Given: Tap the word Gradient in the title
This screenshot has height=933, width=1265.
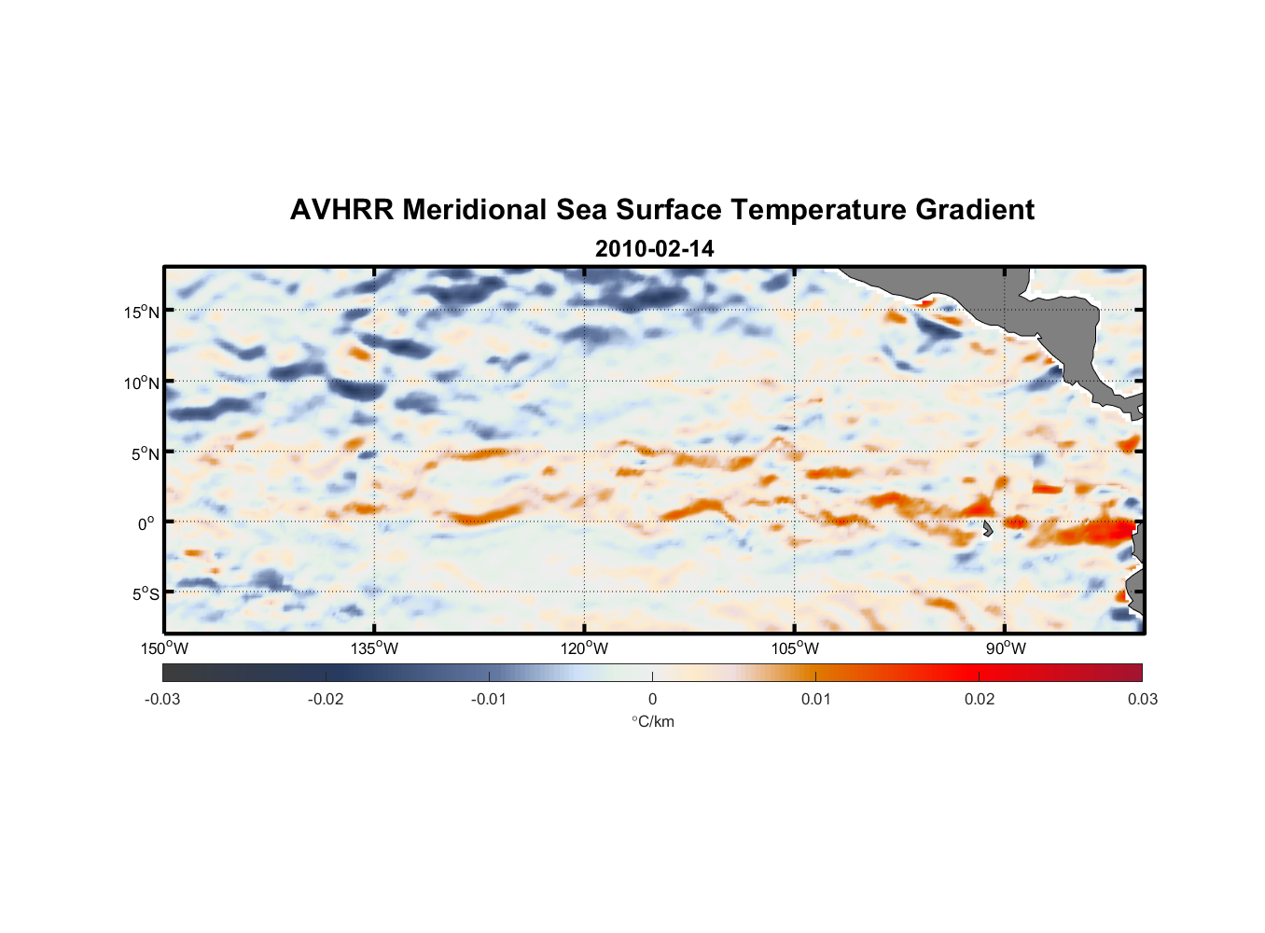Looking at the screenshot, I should (x=975, y=210).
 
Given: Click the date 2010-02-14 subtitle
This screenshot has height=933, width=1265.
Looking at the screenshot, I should (x=654, y=249).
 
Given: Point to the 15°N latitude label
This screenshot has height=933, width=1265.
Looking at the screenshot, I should (x=141, y=312).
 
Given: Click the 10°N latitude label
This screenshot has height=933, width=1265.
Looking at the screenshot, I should (x=141, y=383).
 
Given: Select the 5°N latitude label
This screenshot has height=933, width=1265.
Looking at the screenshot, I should (x=144, y=453).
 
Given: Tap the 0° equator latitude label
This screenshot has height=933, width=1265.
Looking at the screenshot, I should (x=146, y=523).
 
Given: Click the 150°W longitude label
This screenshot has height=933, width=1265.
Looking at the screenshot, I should (x=164, y=648).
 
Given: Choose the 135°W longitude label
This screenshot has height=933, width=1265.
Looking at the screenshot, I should (x=374, y=648).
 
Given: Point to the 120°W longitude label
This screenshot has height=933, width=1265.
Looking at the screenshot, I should (x=584, y=648).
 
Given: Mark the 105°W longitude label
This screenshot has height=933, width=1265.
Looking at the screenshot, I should (x=795, y=648).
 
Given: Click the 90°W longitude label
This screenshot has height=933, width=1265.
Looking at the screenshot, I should (x=1005, y=648).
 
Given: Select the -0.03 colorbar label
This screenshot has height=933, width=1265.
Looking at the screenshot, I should (x=162, y=699).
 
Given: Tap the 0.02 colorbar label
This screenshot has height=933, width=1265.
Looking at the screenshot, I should (x=980, y=699).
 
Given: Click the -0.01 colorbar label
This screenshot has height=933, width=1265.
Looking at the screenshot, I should (x=489, y=699).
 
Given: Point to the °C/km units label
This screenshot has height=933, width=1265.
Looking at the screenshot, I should (x=652, y=721).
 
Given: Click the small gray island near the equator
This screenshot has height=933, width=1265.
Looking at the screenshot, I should (x=988, y=528).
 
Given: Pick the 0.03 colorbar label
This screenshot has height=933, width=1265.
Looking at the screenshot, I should (x=1142, y=699).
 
